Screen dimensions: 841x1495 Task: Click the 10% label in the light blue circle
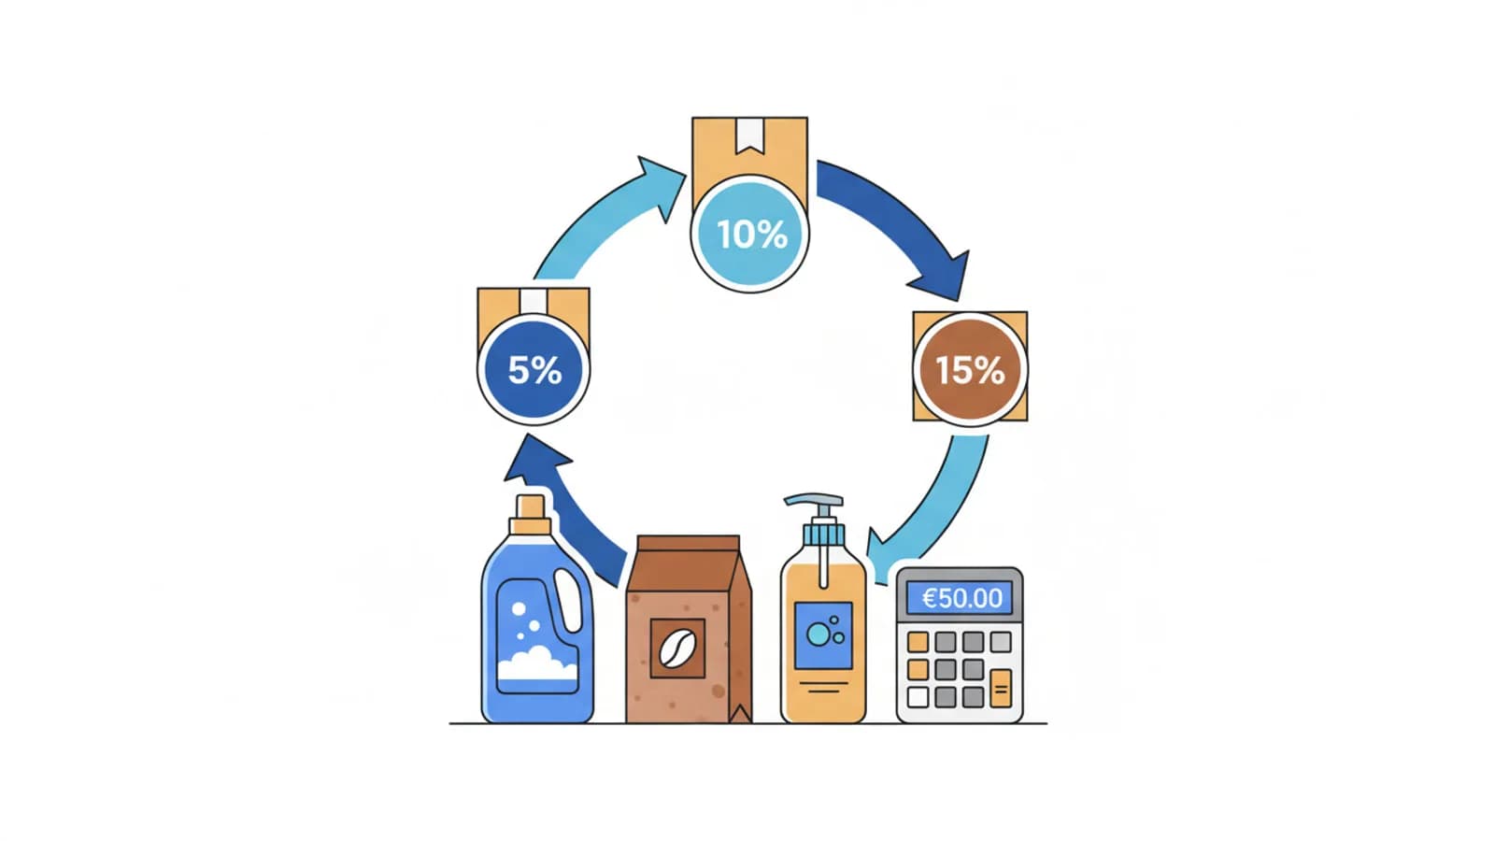pyautogui.click(x=751, y=234)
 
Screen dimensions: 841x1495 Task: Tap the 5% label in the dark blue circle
pyautogui.click(x=534, y=370)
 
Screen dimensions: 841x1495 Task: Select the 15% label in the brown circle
pyautogui.click(x=970, y=370)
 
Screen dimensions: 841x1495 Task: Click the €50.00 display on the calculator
pyautogui.click(x=961, y=598)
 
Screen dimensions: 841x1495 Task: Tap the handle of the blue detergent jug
pyautogui.click(x=569, y=599)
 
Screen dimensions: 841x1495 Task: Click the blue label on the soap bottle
pyautogui.click(x=823, y=635)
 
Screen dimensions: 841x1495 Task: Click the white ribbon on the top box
pyautogui.click(x=749, y=135)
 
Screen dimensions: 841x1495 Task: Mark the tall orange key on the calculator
pyautogui.click(x=1001, y=689)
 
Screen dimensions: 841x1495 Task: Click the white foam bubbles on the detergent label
pyautogui.click(x=536, y=664)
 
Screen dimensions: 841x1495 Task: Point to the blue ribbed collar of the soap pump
pyautogui.click(x=823, y=535)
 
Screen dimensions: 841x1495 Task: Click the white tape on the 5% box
pyautogui.click(x=533, y=301)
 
